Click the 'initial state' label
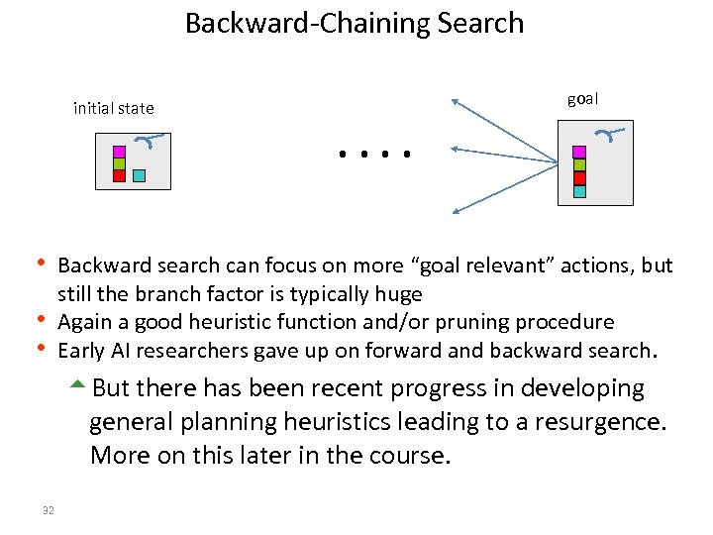tap(113, 108)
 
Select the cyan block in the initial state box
tap(139, 175)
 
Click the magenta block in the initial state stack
tap(119, 152)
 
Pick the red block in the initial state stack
tap(119, 175)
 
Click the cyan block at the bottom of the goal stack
tap(579, 190)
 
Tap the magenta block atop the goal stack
tap(579, 153)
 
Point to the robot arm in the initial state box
tap(149, 141)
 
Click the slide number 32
tap(49, 510)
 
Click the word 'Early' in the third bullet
tap(83, 350)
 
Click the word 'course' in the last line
tap(406, 456)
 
